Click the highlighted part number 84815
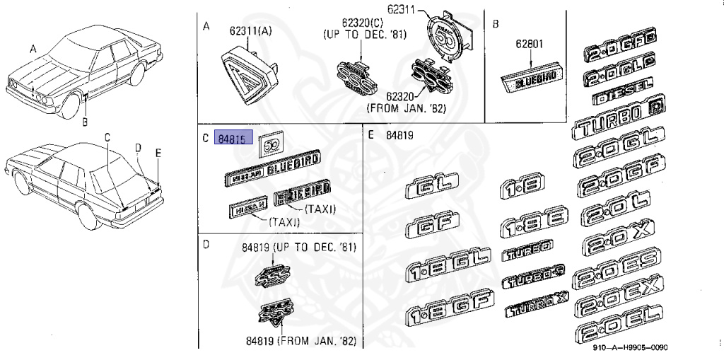[233, 139]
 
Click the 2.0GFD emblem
[619, 50]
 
